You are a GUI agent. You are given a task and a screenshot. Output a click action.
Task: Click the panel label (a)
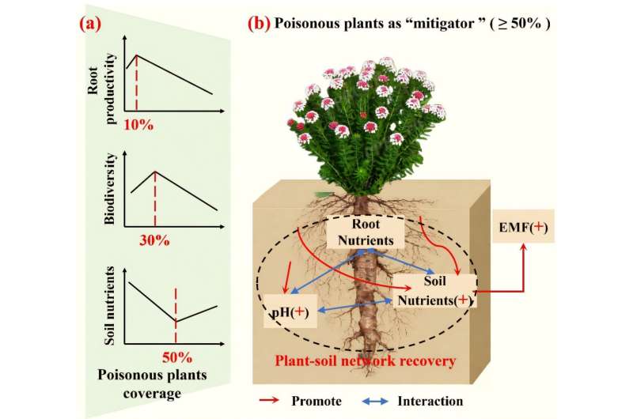90,25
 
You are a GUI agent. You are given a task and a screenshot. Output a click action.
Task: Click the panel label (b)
259,24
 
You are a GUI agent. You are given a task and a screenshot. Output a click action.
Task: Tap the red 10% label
138,125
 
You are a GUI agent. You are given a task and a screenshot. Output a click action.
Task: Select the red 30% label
154,241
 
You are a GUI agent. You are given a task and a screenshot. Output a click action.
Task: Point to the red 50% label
177,357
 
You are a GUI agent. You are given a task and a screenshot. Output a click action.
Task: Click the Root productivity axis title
101,89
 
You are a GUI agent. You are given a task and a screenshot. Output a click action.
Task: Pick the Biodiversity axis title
109,188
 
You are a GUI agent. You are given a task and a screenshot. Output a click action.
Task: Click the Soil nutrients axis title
109,306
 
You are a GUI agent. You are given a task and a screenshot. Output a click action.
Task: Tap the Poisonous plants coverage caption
152,384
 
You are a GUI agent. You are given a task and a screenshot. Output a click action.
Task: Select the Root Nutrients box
366,232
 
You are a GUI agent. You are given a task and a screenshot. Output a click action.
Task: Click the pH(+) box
290,311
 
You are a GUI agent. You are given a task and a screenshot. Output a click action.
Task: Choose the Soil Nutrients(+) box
434,291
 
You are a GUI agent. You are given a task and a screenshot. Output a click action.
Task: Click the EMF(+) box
523,228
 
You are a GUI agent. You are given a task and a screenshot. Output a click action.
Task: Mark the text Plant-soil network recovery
366,360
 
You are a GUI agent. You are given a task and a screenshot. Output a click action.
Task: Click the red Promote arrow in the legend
269,400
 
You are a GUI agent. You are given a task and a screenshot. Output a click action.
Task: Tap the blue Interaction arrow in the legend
375,401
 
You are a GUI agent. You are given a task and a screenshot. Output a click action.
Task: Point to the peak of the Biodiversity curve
155,172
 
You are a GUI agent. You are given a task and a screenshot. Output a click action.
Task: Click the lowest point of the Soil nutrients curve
176,321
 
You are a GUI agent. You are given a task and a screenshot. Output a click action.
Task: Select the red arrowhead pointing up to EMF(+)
524,248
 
